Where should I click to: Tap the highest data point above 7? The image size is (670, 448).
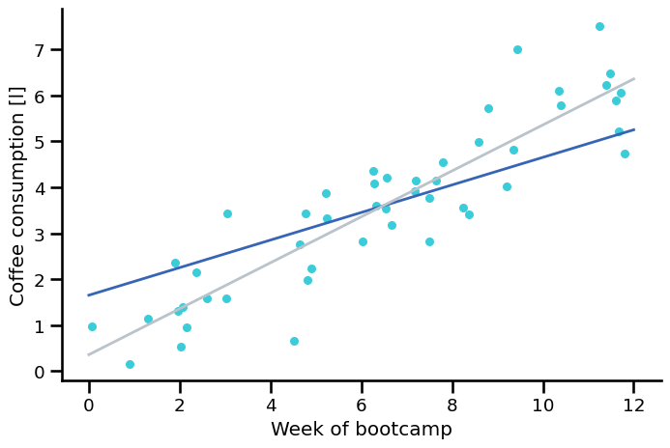click(x=599, y=26)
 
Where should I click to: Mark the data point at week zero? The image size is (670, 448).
click(x=92, y=326)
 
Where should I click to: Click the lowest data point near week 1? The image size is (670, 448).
click(x=130, y=364)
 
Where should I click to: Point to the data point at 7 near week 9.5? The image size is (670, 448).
click(x=517, y=49)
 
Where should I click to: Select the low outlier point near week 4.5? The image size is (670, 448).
click(x=294, y=341)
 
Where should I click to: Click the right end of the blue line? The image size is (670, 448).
click(x=634, y=129)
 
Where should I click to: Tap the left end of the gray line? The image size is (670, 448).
click(x=89, y=354)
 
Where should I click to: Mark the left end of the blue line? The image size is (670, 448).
click(x=89, y=294)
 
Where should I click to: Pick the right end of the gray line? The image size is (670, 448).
click(x=634, y=78)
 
